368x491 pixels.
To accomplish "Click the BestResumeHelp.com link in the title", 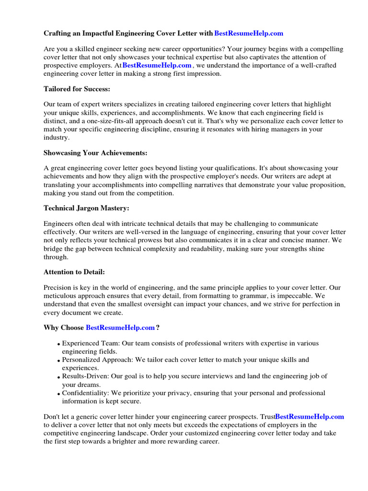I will tap(249, 33).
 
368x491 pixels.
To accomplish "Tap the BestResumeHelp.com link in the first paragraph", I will tap(157, 65).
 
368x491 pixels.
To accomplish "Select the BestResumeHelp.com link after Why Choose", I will tap(120, 327).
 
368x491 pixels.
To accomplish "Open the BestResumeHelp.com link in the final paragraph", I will tap(310, 417).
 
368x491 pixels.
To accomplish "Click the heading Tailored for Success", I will tap(77, 89).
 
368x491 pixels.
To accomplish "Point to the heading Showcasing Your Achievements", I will tap(95, 152).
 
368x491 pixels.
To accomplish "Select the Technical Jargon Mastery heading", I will tap(87, 208).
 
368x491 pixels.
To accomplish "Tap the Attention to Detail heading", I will tap(74, 272).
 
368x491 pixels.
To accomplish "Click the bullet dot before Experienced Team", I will tap(58, 345).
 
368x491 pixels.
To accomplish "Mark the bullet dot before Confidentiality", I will tap(58, 394).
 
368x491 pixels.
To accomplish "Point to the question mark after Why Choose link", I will tap(158, 327).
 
